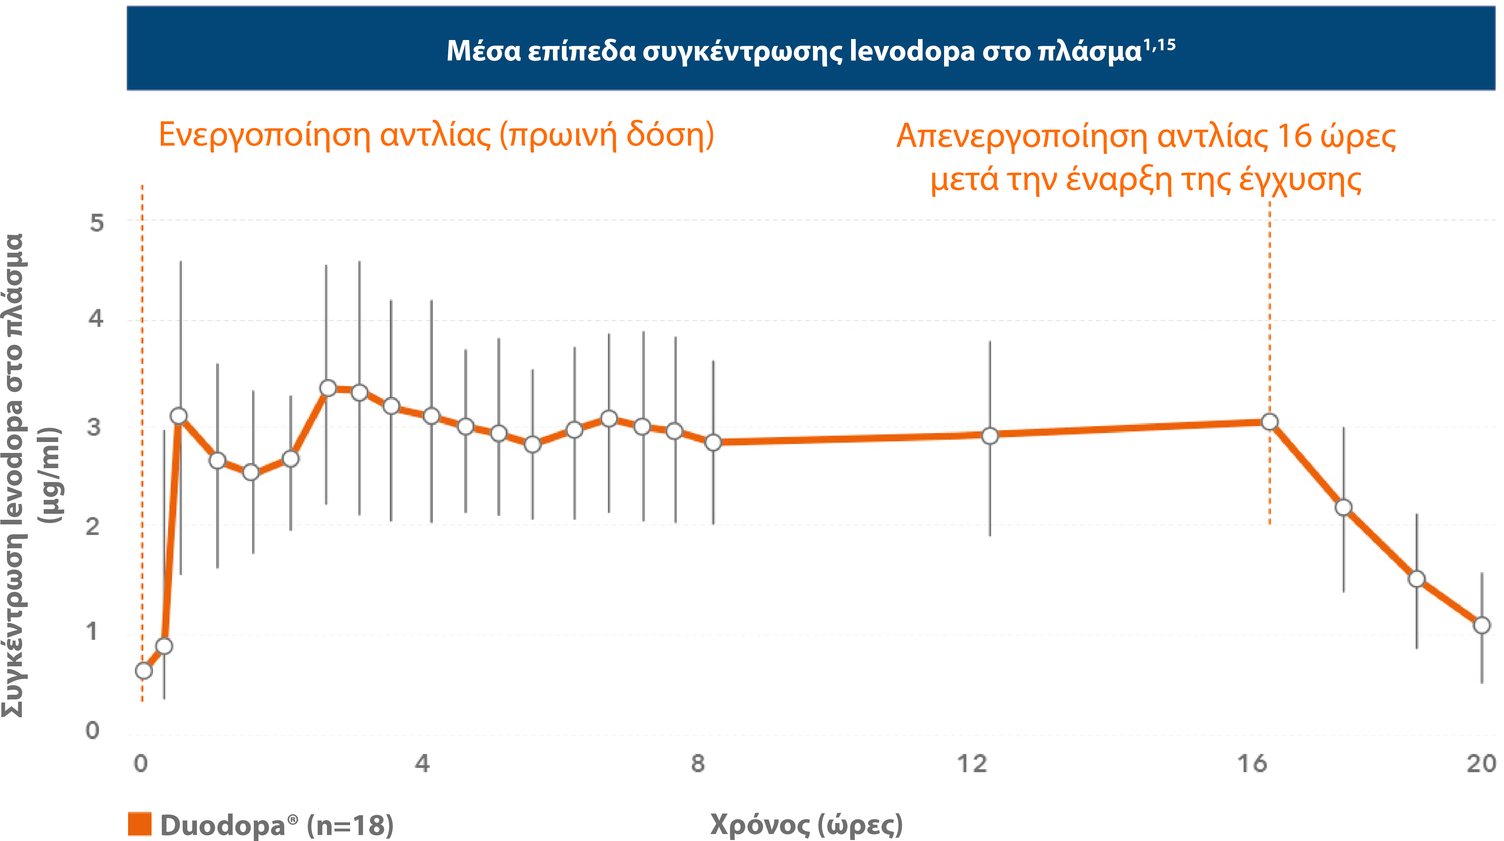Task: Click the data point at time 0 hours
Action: [144, 671]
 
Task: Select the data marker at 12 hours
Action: [990, 435]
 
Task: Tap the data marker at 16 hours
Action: [1269, 421]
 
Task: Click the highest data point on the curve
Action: [328, 388]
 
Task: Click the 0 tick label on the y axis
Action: [92, 730]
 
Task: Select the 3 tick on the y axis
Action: [93, 427]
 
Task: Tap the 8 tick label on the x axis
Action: [698, 763]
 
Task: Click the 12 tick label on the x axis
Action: [972, 763]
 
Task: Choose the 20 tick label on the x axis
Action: [1481, 763]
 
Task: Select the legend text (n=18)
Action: [350, 825]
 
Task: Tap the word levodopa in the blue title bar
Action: [912, 51]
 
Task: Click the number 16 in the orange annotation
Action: [1294, 136]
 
